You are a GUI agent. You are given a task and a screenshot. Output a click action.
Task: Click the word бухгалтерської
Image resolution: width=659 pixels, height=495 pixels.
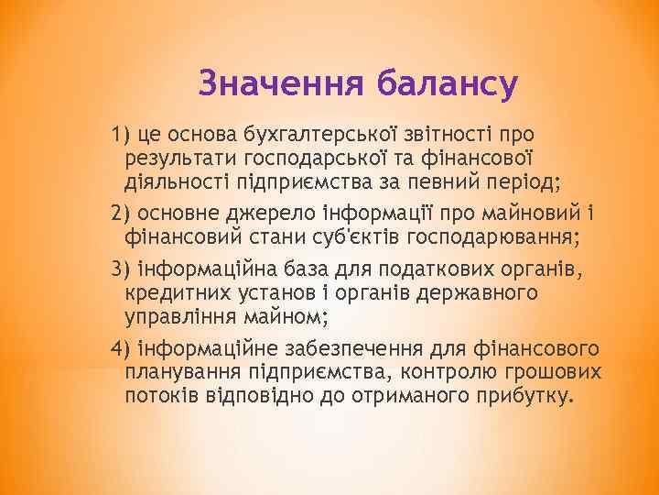pyautogui.click(x=330, y=136)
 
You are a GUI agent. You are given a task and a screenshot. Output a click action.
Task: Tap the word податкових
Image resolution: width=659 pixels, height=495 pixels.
pyautogui.click(x=415, y=270)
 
